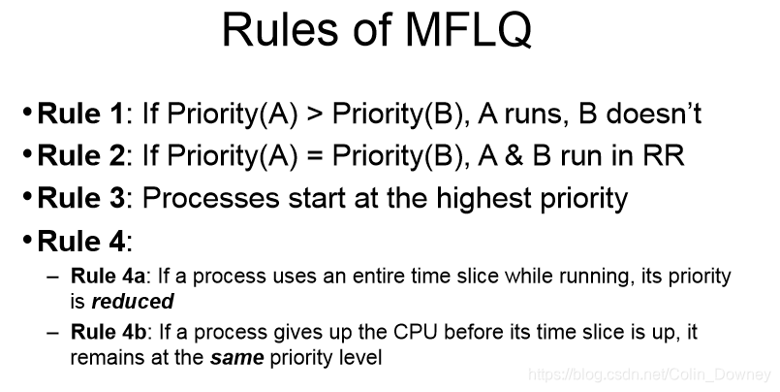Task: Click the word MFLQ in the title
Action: pyautogui.click(x=469, y=29)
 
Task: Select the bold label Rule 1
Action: pyautogui.click(x=80, y=114)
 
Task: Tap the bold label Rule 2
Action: pyautogui.click(x=81, y=155)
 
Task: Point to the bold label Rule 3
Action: pyautogui.click(x=81, y=197)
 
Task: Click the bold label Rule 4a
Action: pyautogui.click(x=108, y=276)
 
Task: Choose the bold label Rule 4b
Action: pyautogui.click(x=108, y=331)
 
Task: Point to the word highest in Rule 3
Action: pyautogui.click(x=484, y=198)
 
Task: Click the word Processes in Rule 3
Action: pyautogui.click(x=211, y=198)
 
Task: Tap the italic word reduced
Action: pyautogui.click(x=133, y=302)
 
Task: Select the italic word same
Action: pyautogui.click(x=236, y=358)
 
